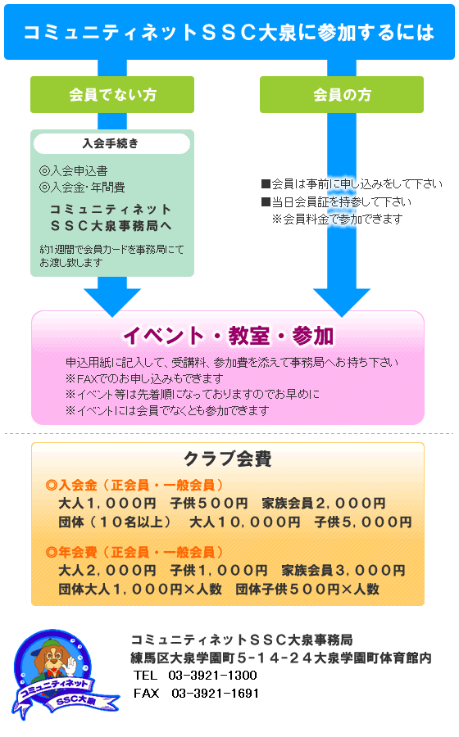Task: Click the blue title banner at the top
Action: tap(229, 32)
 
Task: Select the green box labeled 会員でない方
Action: tap(112, 94)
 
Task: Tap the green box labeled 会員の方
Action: tap(342, 94)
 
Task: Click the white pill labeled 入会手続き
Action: tap(112, 143)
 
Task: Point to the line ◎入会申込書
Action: tap(74, 170)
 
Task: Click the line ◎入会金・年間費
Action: tap(82, 187)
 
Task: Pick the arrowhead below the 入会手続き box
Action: tap(112, 297)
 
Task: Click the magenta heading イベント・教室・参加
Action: tap(228, 336)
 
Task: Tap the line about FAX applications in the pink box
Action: tap(144, 378)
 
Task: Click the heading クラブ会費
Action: tap(228, 459)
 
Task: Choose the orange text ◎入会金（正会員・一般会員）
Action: tap(135, 485)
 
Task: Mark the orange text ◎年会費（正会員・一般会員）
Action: tap(135, 552)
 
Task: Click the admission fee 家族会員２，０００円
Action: tap(324, 504)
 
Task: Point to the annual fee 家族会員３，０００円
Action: tap(343, 570)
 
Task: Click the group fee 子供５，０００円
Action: tap(363, 522)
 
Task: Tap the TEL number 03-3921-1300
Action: tap(212, 676)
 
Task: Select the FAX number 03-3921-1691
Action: tap(216, 694)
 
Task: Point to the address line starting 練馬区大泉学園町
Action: tap(281, 658)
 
